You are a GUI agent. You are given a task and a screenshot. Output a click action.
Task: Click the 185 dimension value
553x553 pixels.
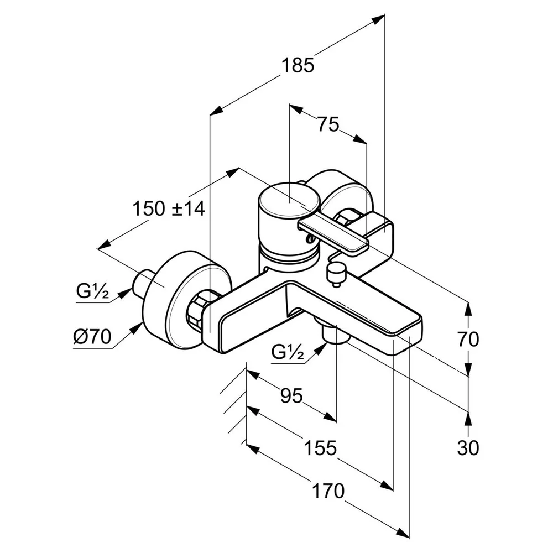pyautogui.click(x=298, y=66)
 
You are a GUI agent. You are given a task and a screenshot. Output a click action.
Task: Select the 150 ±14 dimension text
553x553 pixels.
pyautogui.click(x=169, y=208)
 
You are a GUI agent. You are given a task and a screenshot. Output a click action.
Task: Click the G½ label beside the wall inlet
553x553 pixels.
pyautogui.click(x=92, y=291)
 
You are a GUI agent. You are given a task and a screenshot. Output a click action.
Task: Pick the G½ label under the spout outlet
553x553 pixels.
pyautogui.click(x=288, y=351)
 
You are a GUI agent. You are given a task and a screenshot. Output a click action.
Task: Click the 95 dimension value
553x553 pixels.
pyautogui.click(x=291, y=395)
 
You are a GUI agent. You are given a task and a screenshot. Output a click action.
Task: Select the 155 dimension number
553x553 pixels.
pyautogui.click(x=320, y=448)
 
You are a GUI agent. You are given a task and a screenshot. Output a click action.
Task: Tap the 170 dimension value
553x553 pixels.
pyautogui.click(x=328, y=491)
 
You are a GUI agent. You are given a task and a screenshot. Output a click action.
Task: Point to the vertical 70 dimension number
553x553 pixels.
pyautogui.click(x=468, y=340)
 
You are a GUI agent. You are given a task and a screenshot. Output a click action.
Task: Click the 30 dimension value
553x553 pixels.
pyautogui.click(x=468, y=448)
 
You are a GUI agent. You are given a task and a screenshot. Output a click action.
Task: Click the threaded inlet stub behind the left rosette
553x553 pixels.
pyautogui.click(x=144, y=282)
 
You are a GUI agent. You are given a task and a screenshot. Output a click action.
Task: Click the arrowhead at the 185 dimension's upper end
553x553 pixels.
pyautogui.click(x=378, y=19)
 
